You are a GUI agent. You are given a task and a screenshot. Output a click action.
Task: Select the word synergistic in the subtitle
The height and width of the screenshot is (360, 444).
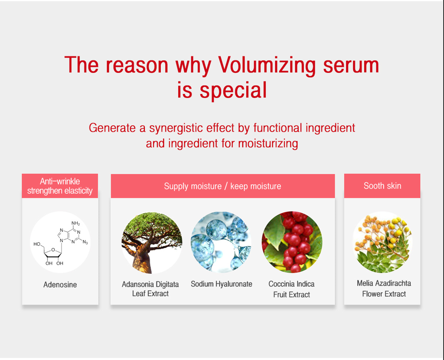click(190, 128)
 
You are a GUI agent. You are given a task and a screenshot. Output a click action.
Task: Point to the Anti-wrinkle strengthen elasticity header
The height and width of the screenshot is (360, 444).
click(60, 186)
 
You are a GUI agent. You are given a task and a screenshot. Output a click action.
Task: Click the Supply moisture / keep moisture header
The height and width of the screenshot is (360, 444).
click(222, 186)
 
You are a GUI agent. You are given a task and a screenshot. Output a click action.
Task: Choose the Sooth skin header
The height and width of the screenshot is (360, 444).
click(382, 186)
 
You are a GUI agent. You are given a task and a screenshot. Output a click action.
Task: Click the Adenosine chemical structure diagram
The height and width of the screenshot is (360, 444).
click(60, 242)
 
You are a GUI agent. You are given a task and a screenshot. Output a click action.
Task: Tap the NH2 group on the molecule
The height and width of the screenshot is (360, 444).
click(75, 224)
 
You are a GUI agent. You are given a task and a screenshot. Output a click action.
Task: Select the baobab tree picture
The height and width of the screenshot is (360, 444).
click(152, 242)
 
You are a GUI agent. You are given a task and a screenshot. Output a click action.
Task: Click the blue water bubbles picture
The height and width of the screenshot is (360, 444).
click(221, 241)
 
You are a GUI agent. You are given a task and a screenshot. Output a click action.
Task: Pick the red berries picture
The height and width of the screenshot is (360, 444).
click(292, 242)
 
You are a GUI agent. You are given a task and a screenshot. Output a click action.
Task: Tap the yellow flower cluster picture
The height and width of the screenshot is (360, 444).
click(382, 242)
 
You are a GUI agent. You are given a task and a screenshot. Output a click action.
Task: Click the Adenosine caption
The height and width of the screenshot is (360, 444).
click(60, 285)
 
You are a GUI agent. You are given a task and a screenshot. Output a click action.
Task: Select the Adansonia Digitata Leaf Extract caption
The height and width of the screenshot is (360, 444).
click(150, 289)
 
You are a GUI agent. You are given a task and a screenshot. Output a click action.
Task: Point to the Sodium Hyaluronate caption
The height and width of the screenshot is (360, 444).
click(221, 284)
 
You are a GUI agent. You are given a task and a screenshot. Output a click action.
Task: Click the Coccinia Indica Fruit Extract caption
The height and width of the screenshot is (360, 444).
click(291, 289)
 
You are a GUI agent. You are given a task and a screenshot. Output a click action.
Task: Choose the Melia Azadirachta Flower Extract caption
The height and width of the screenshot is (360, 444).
click(384, 289)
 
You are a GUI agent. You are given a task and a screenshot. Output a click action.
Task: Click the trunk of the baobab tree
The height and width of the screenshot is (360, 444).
click(143, 260)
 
